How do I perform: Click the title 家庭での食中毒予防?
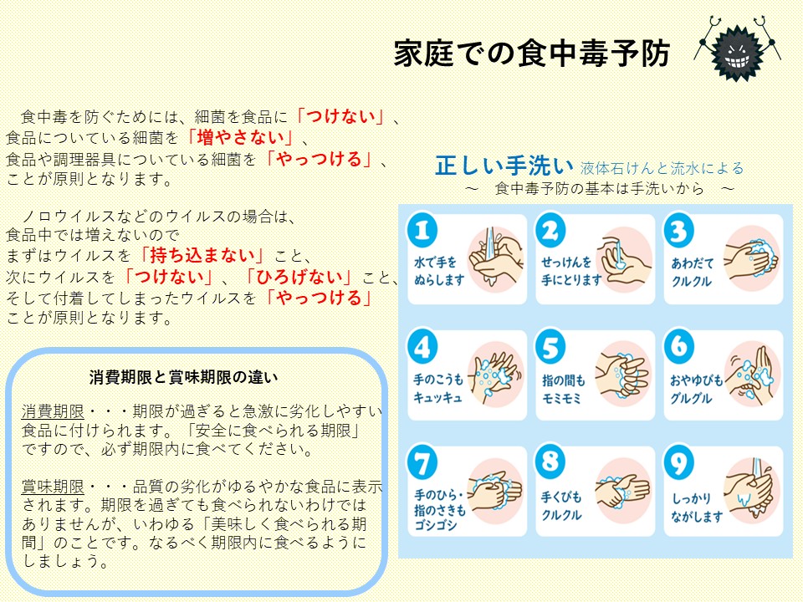532,54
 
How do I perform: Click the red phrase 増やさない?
240,138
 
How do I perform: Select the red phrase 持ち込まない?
202,255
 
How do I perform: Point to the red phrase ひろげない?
299,277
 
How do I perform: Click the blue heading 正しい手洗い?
504,166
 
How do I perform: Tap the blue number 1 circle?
422,231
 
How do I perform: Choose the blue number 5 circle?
550,346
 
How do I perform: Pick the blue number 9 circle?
679,462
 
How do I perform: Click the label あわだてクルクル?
692,273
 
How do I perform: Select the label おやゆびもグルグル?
696,389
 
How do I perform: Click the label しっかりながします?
697,507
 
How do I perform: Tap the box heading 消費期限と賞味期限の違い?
183,378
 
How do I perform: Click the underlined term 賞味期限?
53,487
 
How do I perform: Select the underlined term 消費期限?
53,411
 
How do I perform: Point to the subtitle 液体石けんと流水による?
662,168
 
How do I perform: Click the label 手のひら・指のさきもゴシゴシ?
439,510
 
